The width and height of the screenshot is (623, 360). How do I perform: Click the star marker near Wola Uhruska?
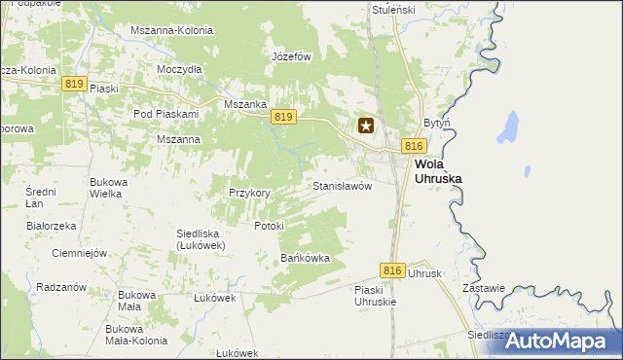coord(367,126)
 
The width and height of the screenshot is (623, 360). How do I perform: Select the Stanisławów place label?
coord(343,185)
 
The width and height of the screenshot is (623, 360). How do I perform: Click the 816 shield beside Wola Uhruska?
coord(414,146)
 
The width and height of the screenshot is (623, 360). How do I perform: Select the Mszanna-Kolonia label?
coord(171,30)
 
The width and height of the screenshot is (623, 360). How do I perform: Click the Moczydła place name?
coord(179,70)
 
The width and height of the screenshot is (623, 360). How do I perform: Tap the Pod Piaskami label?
coord(165,114)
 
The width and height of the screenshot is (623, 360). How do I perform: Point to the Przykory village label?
coord(249,193)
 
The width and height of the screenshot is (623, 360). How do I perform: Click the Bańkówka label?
coord(306,259)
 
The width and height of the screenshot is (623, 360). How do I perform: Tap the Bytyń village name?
coord(436,124)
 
